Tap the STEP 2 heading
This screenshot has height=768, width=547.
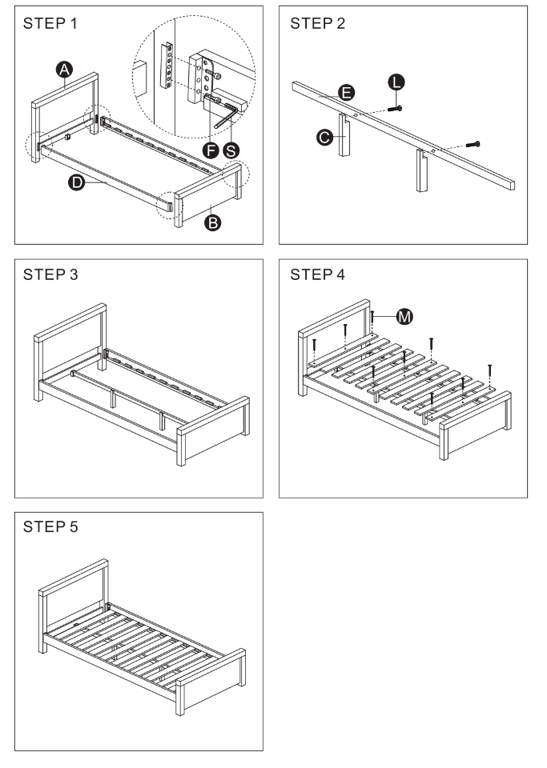pyautogui.click(x=318, y=23)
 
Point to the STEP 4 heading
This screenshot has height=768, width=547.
pyautogui.click(x=318, y=276)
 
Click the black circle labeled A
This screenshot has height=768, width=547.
pyautogui.click(x=66, y=70)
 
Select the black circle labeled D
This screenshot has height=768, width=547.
pyautogui.click(x=77, y=182)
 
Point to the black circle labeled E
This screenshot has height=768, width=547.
pyautogui.click(x=346, y=93)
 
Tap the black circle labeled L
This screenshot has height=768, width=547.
pyautogui.click(x=397, y=80)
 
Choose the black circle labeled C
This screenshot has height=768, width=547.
pyautogui.click(x=325, y=138)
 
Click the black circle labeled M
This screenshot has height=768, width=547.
pyautogui.click(x=405, y=318)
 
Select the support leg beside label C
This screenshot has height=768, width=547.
pyautogui.click(x=345, y=138)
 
